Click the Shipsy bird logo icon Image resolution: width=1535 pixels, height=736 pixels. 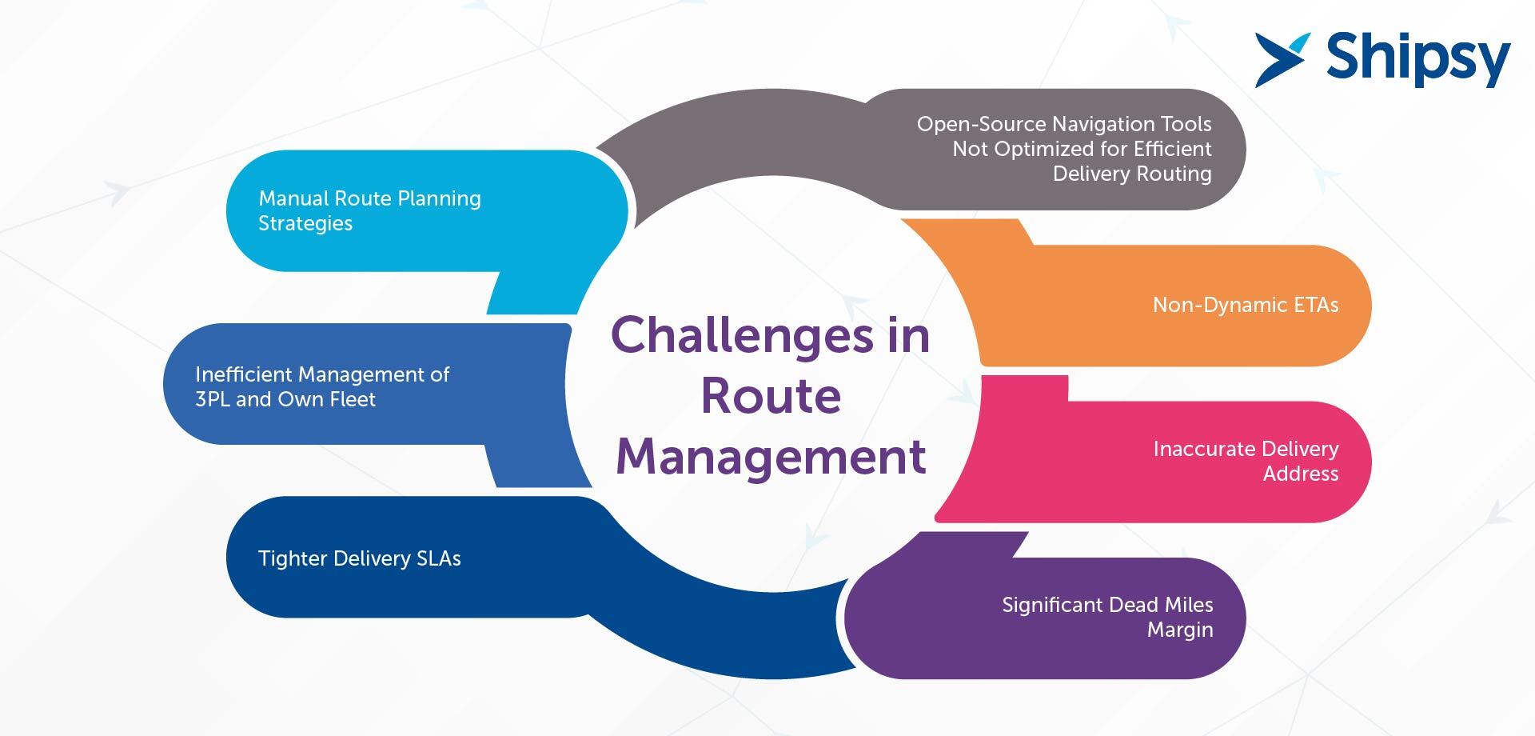click(x=1282, y=60)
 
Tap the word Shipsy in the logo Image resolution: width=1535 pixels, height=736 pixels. click(x=1418, y=59)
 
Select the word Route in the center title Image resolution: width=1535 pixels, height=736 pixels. click(x=771, y=395)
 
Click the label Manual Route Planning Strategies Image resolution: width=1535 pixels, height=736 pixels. click(x=369, y=210)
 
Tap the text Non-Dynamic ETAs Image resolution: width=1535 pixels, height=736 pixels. click(x=1246, y=305)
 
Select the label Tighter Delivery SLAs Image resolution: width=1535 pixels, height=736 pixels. click(x=359, y=558)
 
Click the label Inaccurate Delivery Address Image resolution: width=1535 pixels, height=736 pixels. click(x=1246, y=461)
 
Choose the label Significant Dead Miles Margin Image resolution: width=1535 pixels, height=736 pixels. click(x=1107, y=617)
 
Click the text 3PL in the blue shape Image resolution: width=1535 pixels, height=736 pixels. click(x=213, y=399)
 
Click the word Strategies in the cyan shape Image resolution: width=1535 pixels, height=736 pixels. click(x=305, y=224)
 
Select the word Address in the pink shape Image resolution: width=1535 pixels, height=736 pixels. click(x=1301, y=474)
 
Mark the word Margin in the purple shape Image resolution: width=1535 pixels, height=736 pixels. click(x=1180, y=630)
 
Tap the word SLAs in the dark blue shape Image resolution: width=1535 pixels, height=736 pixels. click(x=439, y=558)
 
